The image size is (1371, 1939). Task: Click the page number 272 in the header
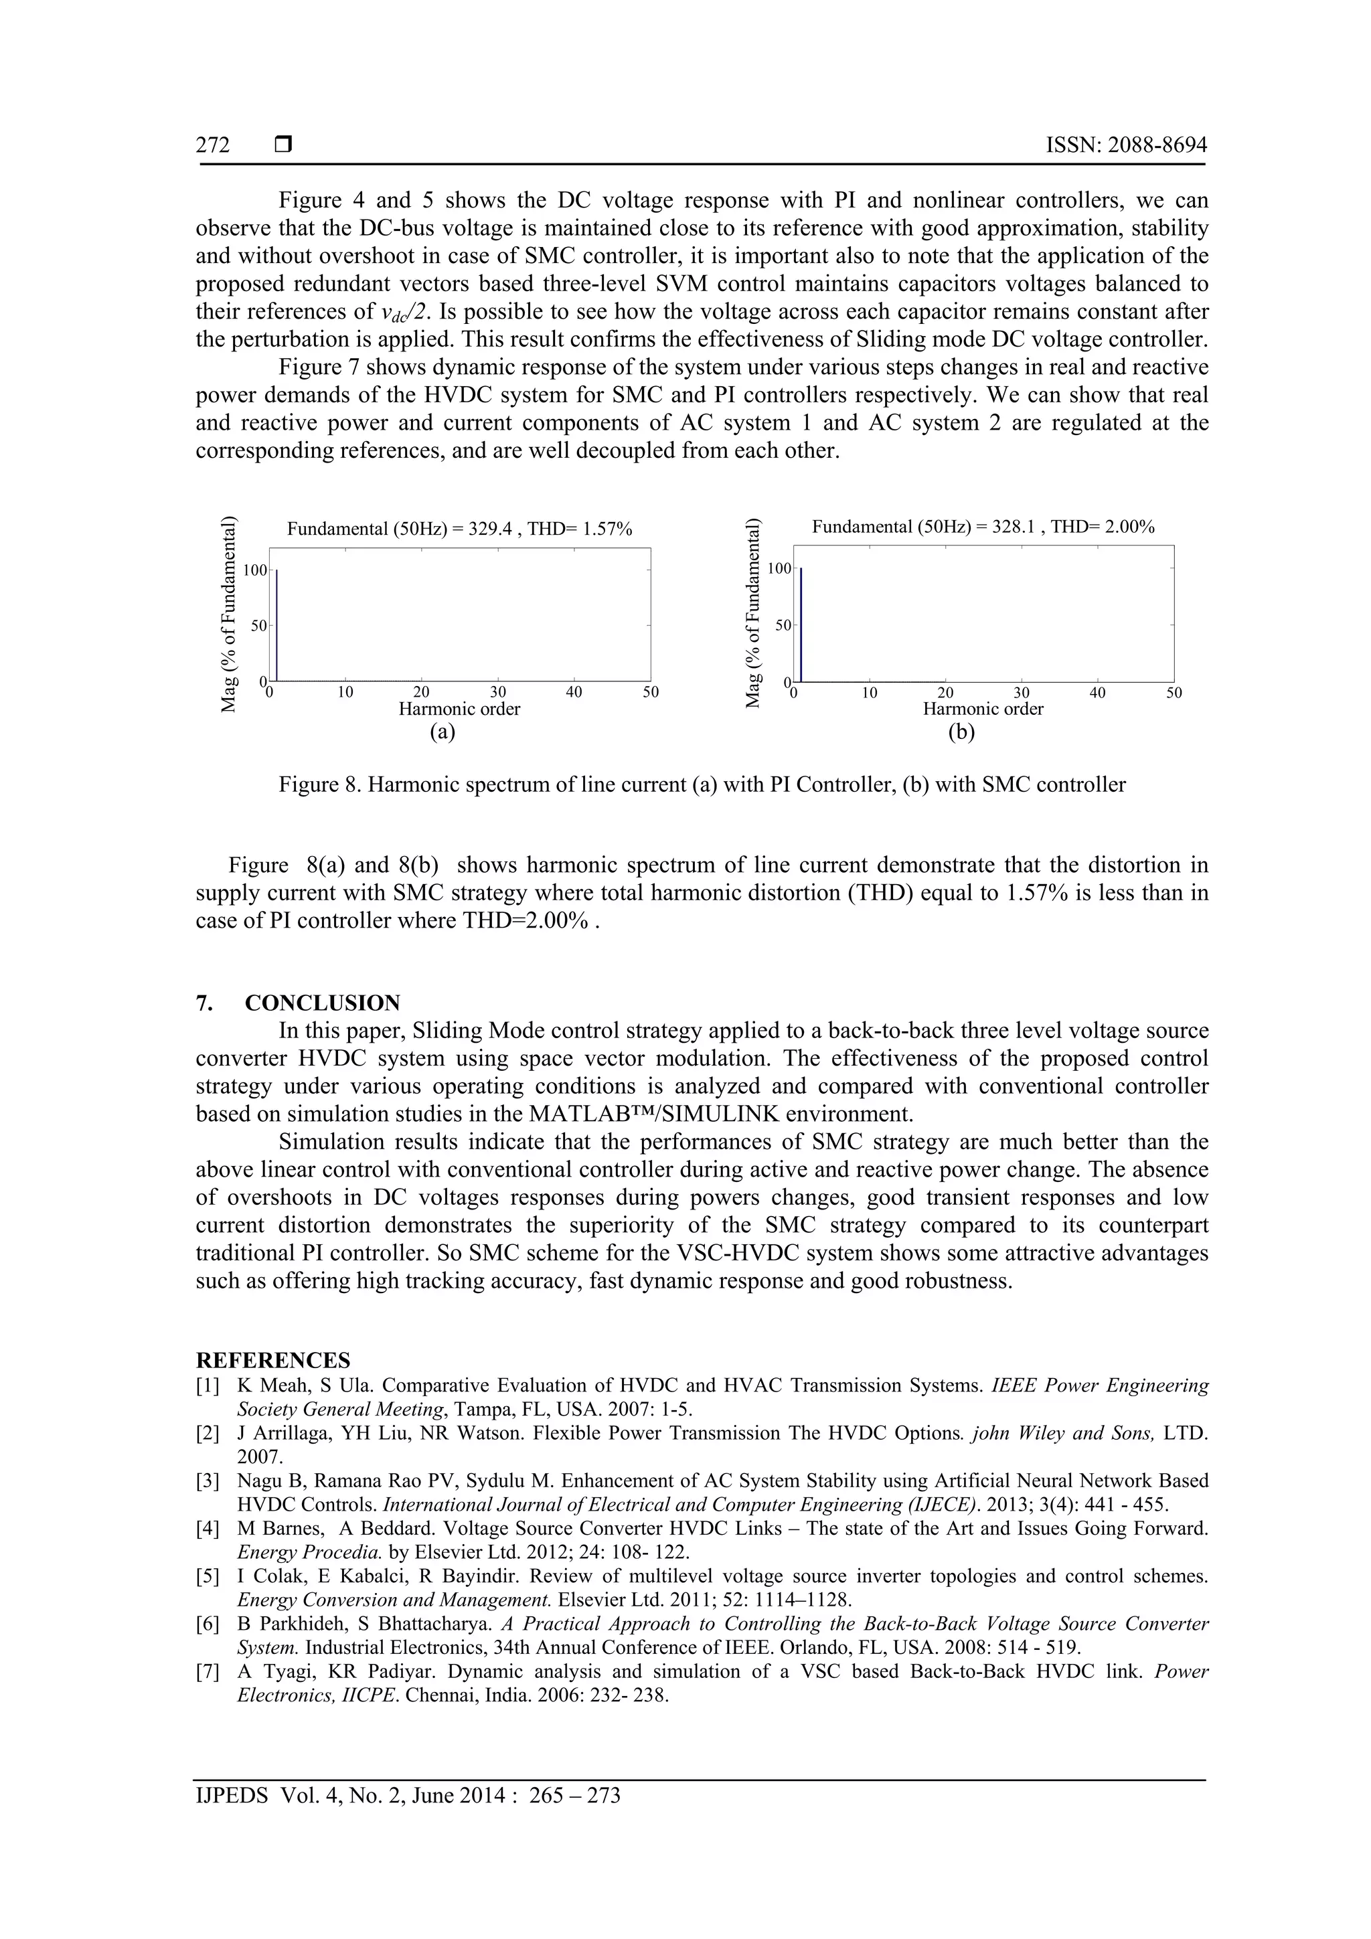click(x=213, y=145)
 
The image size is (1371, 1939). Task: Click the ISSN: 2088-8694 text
click(x=1126, y=145)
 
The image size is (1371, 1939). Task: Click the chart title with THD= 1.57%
click(x=459, y=529)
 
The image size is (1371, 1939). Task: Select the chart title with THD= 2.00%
click(x=983, y=527)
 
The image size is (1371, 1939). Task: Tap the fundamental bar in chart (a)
click(x=276, y=625)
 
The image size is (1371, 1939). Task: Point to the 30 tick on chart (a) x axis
click(x=498, y=693)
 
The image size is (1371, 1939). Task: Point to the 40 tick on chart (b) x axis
click(x=1097, y=693)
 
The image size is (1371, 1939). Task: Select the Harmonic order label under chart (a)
click(x=459, y=709)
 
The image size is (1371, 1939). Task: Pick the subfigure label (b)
click(x=961, y=732)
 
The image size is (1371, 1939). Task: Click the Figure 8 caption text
click(x=702, y=784)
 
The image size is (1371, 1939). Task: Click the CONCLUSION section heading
click(x=322, y=1003)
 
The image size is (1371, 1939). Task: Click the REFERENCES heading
click(x=273, y=1361)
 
